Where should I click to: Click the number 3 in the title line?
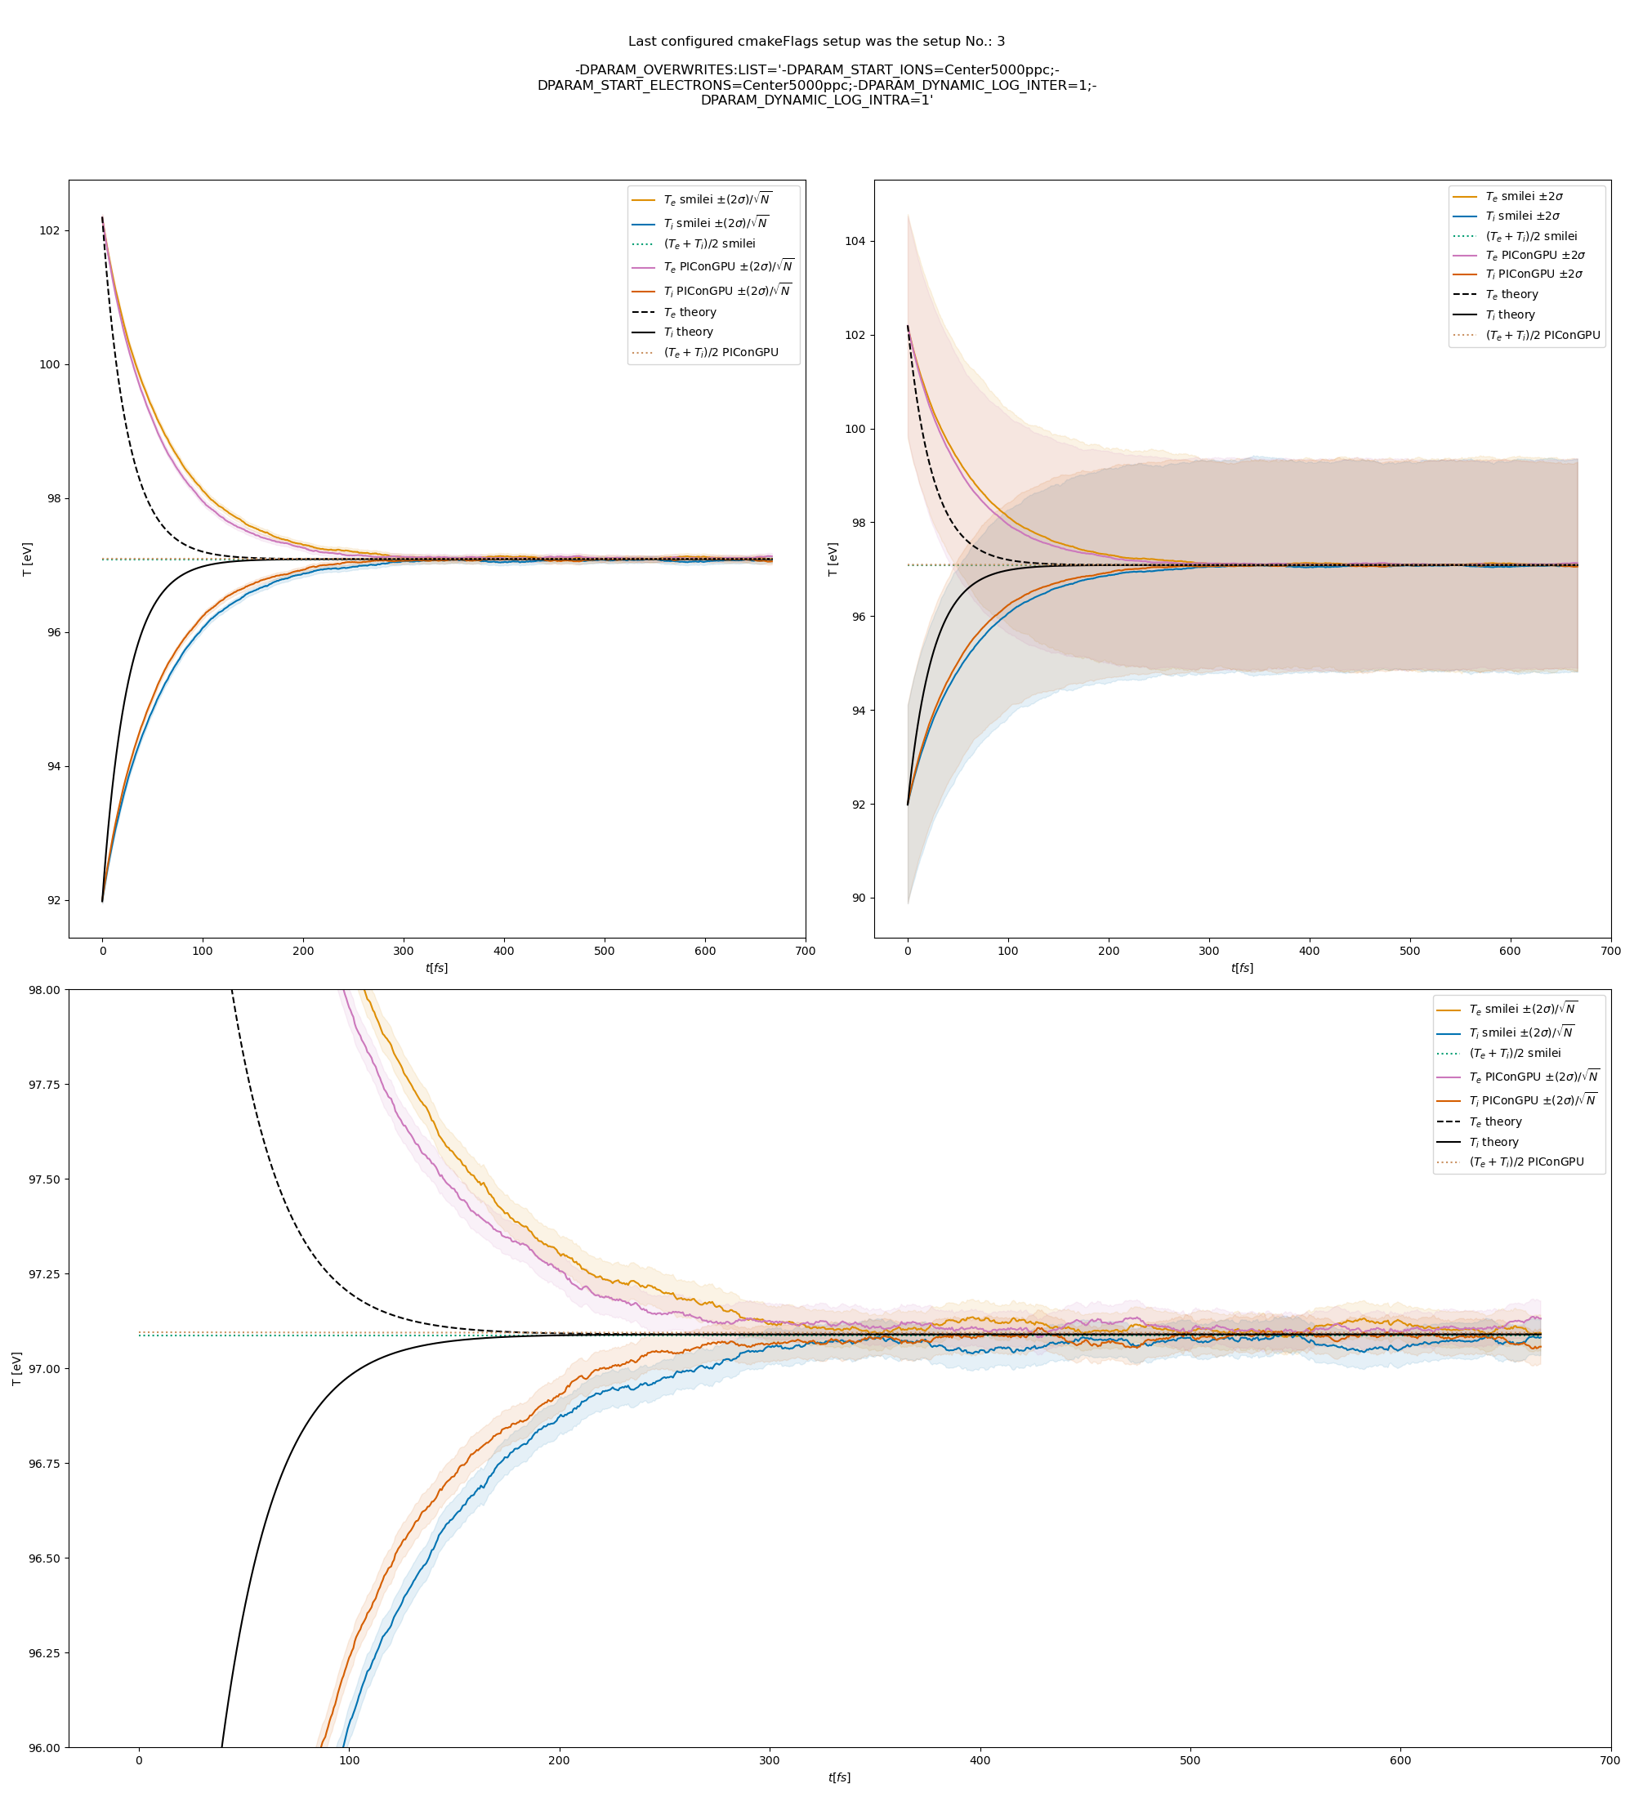pos(1000,41)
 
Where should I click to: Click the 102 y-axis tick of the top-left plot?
pos(49,231)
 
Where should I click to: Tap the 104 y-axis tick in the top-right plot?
pos(854,242)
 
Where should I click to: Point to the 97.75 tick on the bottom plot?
pos(43,1085)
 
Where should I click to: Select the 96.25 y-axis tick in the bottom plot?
pos(43,1653)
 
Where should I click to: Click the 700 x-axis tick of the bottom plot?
pos(1610,1760)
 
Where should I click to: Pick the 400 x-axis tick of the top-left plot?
pos(503,951)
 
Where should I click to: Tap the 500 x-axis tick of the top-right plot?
pos(1409,951)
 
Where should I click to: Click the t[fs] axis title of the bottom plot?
pos(839,1777)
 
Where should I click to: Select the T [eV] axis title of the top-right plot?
pos(833,559)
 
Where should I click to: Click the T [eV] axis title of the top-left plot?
pos(28,559)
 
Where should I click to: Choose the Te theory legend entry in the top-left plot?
pos(689,313)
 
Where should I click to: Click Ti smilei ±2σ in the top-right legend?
pos(1522,216)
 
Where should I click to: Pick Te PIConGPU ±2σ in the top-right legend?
pos(1534,256)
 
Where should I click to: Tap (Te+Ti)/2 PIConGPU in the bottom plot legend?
pos(1526,1162)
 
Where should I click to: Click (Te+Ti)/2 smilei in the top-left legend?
pos(708,244)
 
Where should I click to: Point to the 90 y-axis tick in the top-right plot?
pos(858,898)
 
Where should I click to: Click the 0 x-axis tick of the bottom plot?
pos(139,1760)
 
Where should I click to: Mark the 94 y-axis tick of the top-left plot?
pos(51,766)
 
